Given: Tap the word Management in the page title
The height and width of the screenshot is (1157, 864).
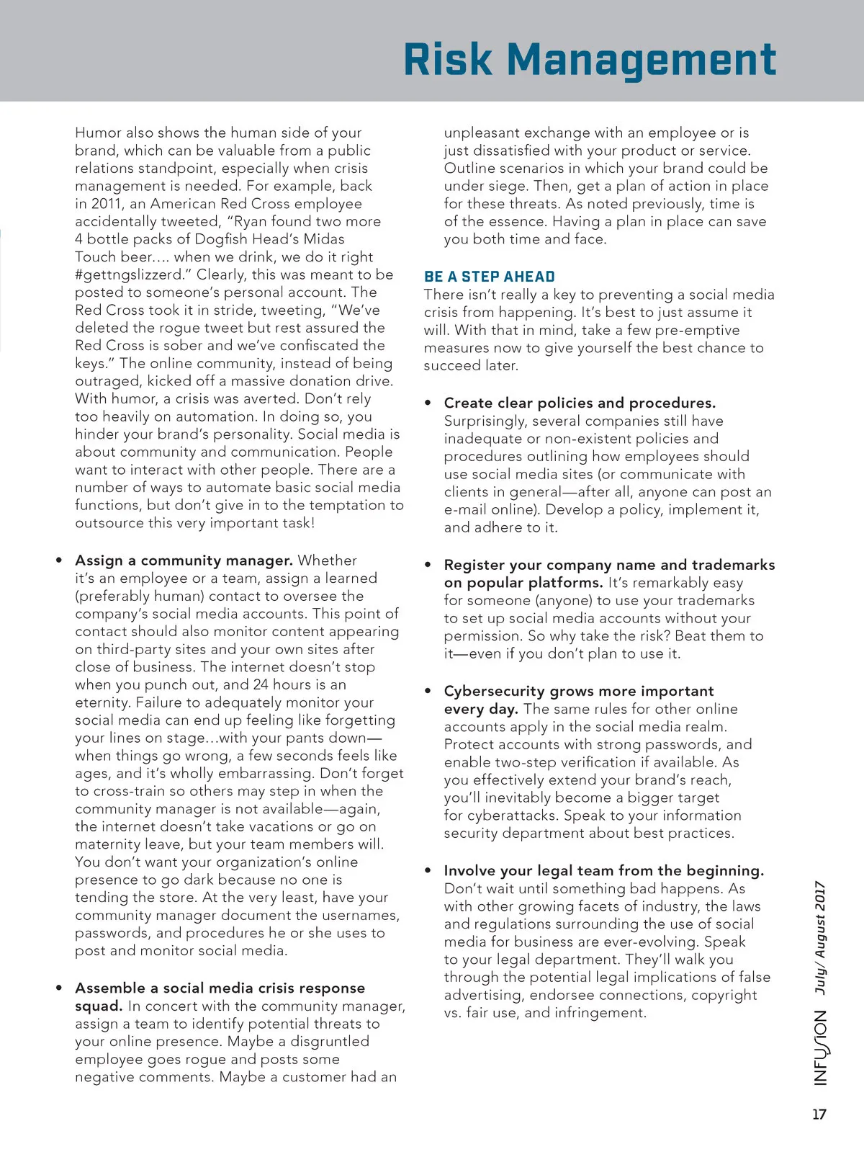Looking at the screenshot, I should pyautogui.click(x=642, y=61).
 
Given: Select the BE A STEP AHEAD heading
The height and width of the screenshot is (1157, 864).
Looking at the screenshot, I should pyautogui.click(x=490, y=277).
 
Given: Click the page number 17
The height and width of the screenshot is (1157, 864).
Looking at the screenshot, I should pyautogui.click(x=819, y=1114).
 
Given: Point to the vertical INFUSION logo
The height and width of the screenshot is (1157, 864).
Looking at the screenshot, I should pyautogui.click(x=821, y=1048).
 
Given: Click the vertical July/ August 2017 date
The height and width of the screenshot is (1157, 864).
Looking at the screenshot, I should pyautogui.click(x=820, y=937).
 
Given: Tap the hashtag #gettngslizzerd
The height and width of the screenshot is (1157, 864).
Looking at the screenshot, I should pyautogui.click(x=130, y=274).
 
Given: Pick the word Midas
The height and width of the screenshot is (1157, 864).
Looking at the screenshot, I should pyautogui.click(x=324, y=239).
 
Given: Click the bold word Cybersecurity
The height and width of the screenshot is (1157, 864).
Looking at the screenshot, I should pyautogui.click(x=495, y=691).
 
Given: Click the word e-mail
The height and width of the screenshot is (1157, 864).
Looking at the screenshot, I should pyautogui.click(x=465, y=510).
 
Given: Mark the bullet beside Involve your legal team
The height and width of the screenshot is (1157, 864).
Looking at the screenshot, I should pyautogui.click(x=428, y=871).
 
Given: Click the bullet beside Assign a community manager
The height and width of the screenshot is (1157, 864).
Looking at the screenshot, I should pyautogui.click(x=59, y=560).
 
